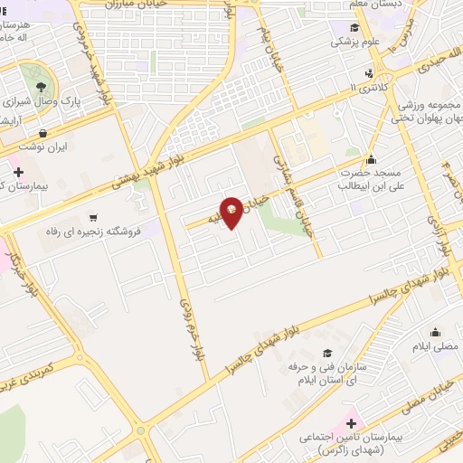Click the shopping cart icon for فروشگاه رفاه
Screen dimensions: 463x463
pos(93,218)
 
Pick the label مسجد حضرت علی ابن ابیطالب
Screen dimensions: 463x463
pos(371,179)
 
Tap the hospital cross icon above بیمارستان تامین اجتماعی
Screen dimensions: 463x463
pos(351,422)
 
